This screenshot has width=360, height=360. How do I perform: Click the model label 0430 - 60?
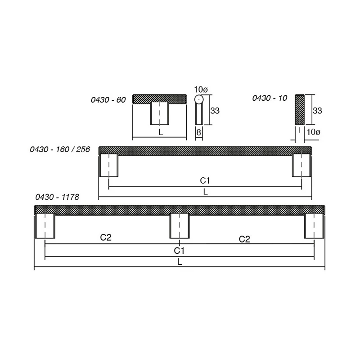(108, 100)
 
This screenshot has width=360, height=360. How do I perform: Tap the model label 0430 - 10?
(270, 98)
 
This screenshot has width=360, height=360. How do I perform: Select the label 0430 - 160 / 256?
(60, 149)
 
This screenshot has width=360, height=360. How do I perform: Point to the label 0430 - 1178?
(57, 197)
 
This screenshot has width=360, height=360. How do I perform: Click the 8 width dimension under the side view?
(199, 132)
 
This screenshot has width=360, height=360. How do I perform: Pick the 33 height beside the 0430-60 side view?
(215, 111)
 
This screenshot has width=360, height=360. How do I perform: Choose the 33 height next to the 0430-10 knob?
(317, 111)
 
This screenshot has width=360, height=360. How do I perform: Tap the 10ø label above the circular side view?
(201, 90)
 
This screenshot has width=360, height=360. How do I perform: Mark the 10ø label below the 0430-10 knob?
(313, 132)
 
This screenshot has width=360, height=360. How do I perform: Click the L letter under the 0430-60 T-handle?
(161, 132)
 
